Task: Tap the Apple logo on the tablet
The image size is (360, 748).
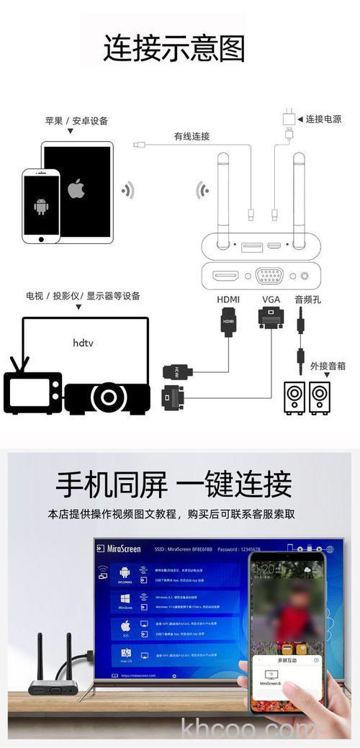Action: pyautogui.click(x=76, y=189)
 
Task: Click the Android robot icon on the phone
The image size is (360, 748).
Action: pyautogui.click(x=40, y=207)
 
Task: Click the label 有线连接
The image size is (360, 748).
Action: pyautogui.click(x=191, y=136)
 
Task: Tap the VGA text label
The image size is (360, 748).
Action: pyautogui.click(x=271, y=299)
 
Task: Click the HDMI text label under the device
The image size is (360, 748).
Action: pyautogui.click(x=228, y=299)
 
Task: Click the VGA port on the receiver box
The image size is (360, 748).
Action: pyautogui.click(x=269, y=276)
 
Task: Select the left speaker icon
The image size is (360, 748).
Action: pyautogui.click(x=294, y=397)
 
